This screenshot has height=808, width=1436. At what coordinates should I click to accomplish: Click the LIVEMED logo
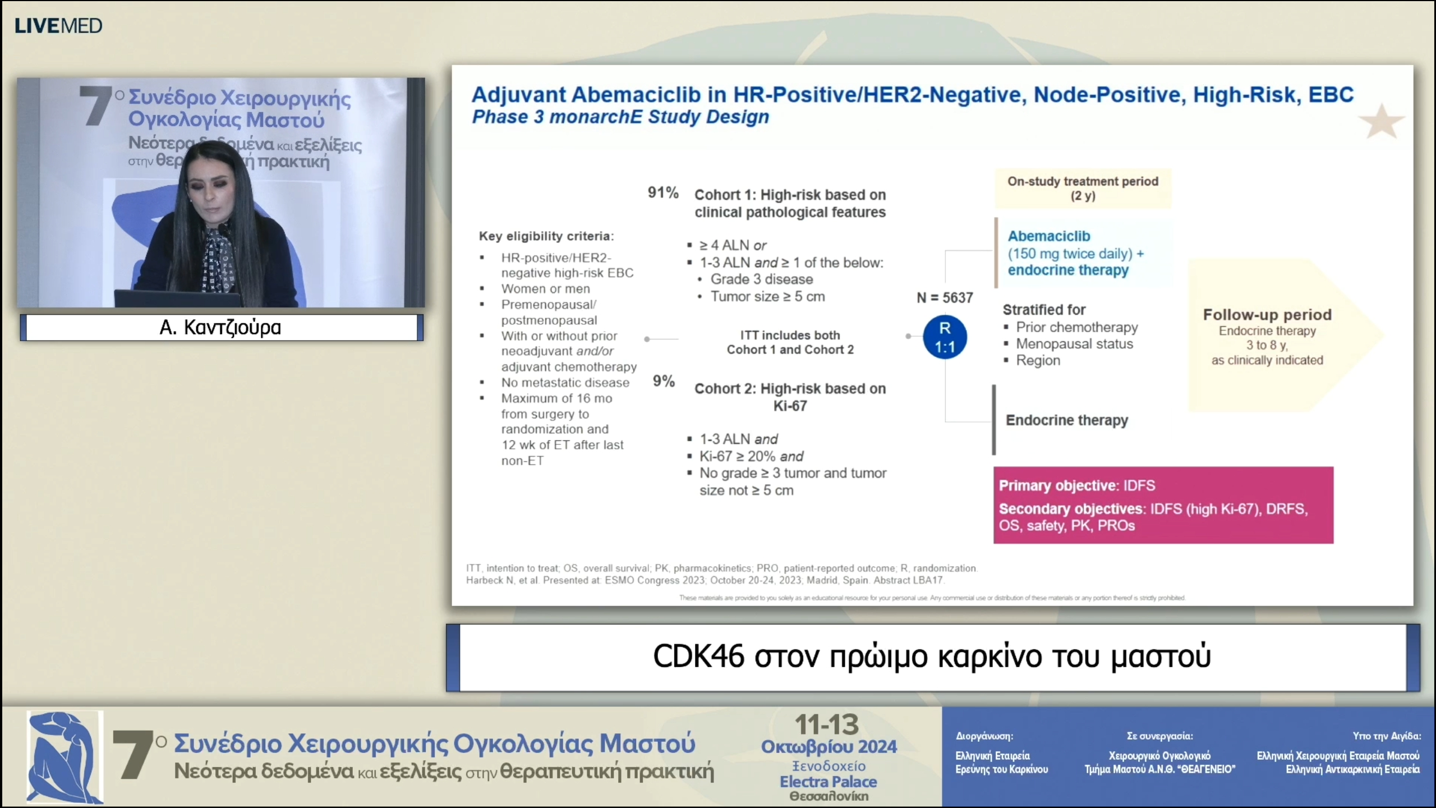click(58, 26)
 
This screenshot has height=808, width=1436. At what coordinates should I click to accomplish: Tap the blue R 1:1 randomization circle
click(945, 337)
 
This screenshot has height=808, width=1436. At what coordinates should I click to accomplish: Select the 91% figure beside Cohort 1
click(662, 192)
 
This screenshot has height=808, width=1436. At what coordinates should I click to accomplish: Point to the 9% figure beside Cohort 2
click(663, 381)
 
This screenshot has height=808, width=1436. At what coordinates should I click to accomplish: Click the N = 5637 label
click(945, 297)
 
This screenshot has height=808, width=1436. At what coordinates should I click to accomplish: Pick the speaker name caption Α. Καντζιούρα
click(220, 327)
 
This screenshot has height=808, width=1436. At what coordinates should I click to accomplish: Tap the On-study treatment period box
click(1083, 189)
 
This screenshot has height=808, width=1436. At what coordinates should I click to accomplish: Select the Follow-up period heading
click(1267, 315)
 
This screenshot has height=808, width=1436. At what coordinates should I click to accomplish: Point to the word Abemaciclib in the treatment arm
click(1048, 236)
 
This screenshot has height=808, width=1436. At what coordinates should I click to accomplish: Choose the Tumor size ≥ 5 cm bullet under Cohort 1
click(767, 296)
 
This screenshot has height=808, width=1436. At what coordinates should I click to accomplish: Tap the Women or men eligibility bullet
click(545, 288)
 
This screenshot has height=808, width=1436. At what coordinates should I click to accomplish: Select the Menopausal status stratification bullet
click(1074, 343)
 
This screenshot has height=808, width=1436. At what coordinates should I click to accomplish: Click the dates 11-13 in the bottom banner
click(827, 724)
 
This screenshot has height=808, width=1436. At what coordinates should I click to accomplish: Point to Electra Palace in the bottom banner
click(828, 782)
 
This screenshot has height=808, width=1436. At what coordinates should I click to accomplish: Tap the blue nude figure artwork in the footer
click(65, 757)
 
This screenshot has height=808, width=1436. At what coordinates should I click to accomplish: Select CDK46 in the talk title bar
click(698, 656)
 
